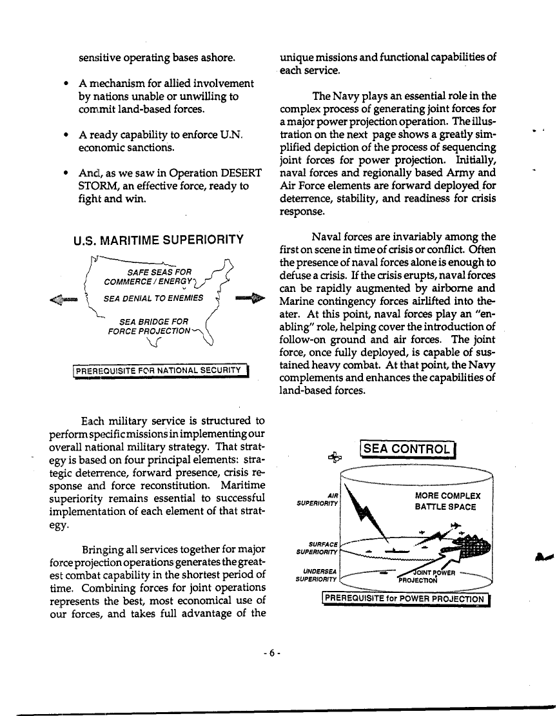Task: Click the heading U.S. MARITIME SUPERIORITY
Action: click(159, 241)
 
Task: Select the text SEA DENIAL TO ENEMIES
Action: click(153, 298)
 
